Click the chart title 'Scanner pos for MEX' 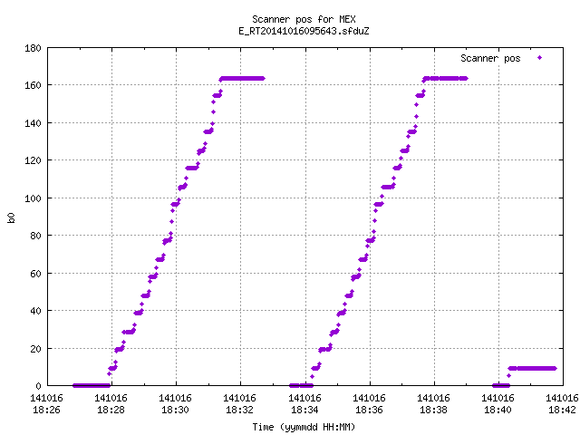point(304,19)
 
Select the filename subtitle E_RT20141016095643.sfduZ point(304,31)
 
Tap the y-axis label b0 point(11,217)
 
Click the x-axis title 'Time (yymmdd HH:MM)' point(304,427)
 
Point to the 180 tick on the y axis point(33,48)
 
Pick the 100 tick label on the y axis point(33,198)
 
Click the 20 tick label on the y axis point(35,349)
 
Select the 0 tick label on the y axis point(38,386)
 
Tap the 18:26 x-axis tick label point(46,404)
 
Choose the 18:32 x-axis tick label point(239,404)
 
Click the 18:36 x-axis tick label point(369,404)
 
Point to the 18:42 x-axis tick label point(562,404)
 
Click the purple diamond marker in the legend point(540,58)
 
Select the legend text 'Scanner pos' point(490,58)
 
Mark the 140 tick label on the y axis point(33,123)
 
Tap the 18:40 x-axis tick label point(498,404)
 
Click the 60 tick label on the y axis point(35,274)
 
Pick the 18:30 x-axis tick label point(175,404)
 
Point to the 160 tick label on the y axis point(33,85)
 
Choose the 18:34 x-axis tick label point(304,404)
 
